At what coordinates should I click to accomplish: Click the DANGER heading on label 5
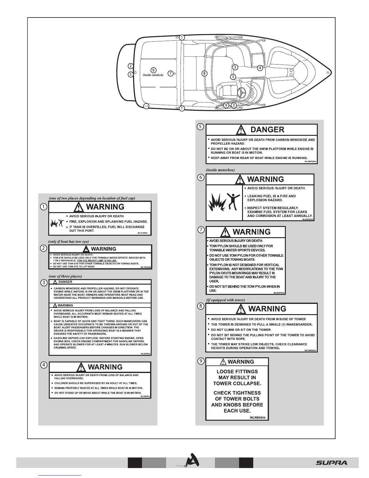[267, 130]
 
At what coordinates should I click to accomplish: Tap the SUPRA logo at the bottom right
[332, 463]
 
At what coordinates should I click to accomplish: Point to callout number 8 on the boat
[204, 73]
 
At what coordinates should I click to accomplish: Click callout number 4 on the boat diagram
[260, 68]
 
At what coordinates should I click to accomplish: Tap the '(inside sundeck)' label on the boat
[153, 75]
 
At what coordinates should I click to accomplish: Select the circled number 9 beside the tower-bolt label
[200, 361]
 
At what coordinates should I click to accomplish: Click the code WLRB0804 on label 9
[257, 418]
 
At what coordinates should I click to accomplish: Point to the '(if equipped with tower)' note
[225, 300]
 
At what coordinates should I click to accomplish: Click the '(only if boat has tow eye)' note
[69, 241]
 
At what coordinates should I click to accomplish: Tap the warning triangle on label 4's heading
[81, 367]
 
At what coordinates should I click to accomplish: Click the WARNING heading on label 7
[251, 232]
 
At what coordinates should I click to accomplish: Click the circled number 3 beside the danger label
[44, 283]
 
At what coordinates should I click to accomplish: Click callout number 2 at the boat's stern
[130, 66]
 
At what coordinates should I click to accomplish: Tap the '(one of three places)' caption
[65, 276]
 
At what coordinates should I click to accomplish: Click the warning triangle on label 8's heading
[241, 309]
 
